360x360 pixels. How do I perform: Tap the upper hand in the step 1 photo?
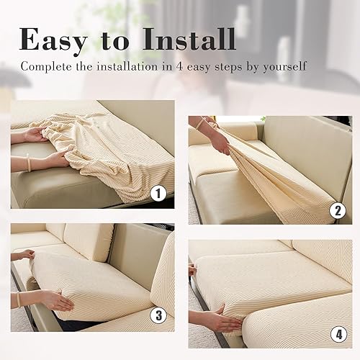[36, 134]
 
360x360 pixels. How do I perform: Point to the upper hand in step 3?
[23, 254]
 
